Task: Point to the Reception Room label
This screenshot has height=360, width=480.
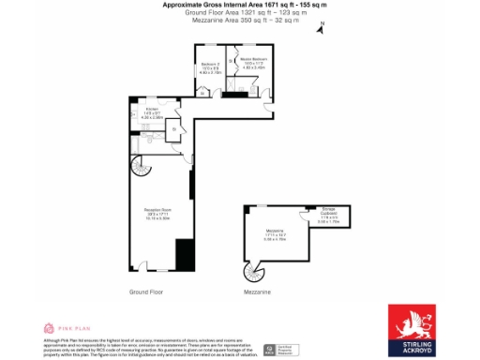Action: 157,213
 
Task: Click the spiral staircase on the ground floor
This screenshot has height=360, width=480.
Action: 139,171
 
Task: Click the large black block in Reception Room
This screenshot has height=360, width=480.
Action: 185,254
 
